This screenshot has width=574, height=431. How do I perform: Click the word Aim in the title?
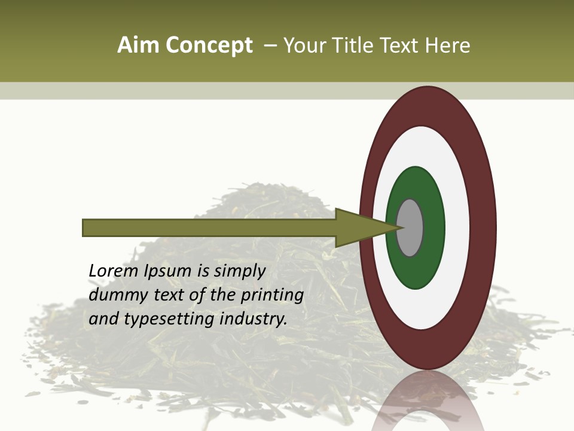click(138, 45)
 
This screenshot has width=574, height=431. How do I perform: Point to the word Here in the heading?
click(448, 45)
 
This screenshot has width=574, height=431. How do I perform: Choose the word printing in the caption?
click(272, 296)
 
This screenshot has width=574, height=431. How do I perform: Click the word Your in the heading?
click(303, 45)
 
